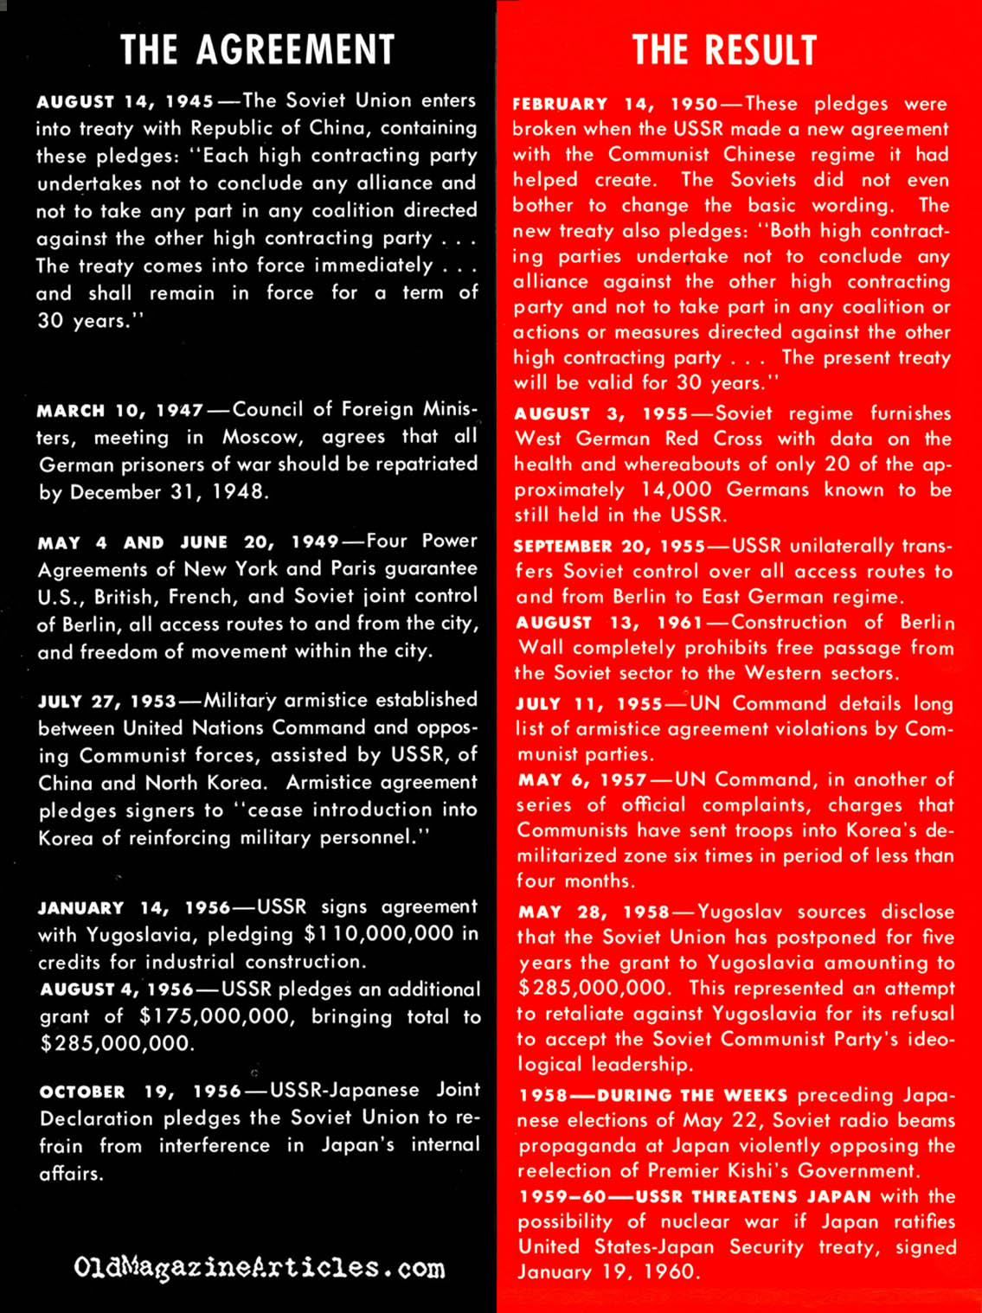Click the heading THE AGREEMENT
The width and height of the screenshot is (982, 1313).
coord(257,50)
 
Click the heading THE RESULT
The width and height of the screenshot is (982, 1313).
coord(724,50)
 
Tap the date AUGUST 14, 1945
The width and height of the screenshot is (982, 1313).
coord(125,101)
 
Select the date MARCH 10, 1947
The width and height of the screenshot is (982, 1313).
coord(120,409)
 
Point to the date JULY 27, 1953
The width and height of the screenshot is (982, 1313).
coord(106,701)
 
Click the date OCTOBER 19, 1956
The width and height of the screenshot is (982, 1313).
coord(140,1092)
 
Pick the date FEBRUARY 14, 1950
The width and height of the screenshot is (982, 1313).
coord(614,105)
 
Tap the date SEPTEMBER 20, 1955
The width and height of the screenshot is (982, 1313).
coord(609,547)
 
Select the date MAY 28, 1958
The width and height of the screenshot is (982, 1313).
coord(594,913)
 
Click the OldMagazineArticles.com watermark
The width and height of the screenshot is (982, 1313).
coord(260,1269)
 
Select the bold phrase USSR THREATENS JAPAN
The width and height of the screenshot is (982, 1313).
coord(754,1197)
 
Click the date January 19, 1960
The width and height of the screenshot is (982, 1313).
coord(606,1272)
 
